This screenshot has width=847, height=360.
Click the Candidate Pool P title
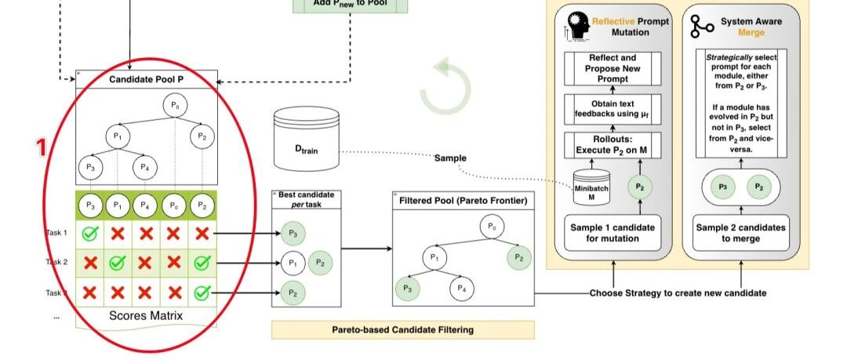[x=146, y=79]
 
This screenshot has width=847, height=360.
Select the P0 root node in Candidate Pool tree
[x=175, y=107]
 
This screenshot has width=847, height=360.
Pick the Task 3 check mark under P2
[x=202, y=293]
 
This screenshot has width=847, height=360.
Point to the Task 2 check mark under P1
[x=118, y=263]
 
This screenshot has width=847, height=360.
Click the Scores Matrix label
[x=145, y=316]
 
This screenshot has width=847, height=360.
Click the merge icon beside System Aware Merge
[x=700, y=27]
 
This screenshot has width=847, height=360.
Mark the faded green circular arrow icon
[x=445, y=87]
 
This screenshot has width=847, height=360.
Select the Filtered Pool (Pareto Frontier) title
[x=463, y=201]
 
